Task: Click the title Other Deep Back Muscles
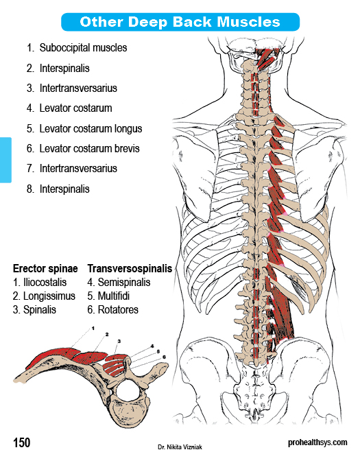point(180,22)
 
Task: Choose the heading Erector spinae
point(45,269)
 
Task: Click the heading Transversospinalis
point(130,269)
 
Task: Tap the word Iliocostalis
point(45,283)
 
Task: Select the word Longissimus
point(49,296)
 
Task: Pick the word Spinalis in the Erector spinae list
point(40,310)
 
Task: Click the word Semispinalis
point(124,283)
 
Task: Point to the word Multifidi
point(114,296)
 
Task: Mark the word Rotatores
point(118,310)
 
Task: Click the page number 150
point(21,443)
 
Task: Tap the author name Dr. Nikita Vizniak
point(180,447)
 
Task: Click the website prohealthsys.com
point(317,443)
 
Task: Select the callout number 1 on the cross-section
point(93,328)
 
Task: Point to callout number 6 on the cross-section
point(164,357)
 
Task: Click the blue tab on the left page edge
point(5,160)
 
